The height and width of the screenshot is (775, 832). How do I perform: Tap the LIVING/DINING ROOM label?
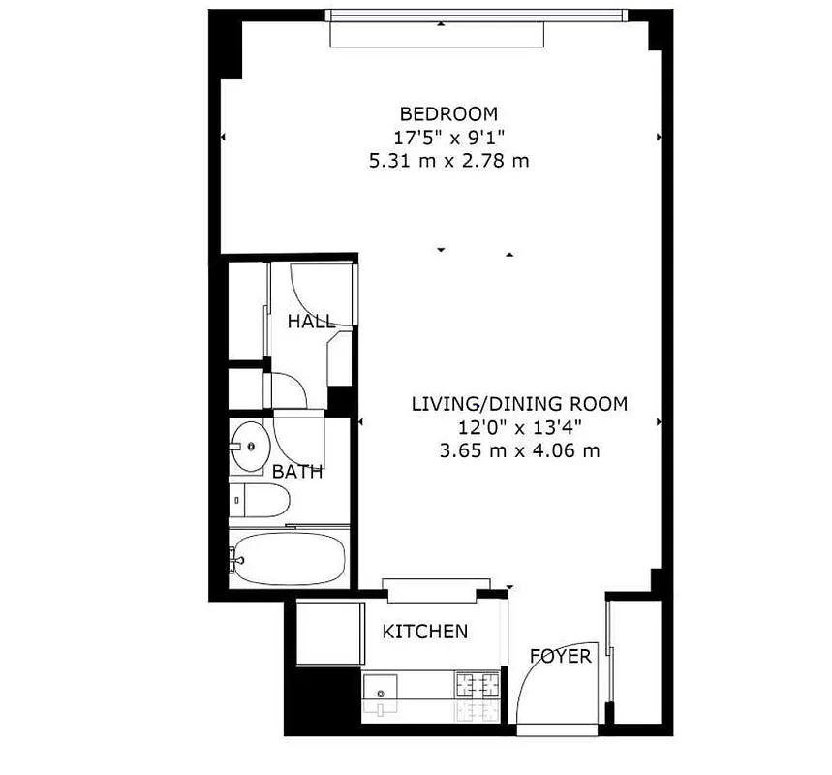click(519, 403)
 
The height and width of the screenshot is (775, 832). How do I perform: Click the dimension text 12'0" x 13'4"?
click(519, 426)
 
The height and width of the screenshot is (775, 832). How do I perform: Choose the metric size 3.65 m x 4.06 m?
click(519, 449)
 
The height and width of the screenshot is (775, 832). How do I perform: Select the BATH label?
click(296, 473)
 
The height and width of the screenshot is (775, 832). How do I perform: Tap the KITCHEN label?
click(425, 632)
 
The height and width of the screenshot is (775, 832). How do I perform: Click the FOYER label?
click(560, 657)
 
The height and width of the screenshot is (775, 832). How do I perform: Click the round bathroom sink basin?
click(253, 448)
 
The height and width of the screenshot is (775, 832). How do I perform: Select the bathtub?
click(289, 560)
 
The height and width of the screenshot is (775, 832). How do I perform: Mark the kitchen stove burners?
click(477, 697)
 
